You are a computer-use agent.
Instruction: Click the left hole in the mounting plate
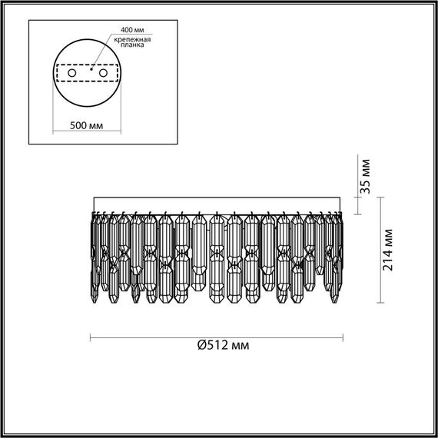pos(73,73)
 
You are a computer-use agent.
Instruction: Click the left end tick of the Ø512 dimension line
pos(91,336)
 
